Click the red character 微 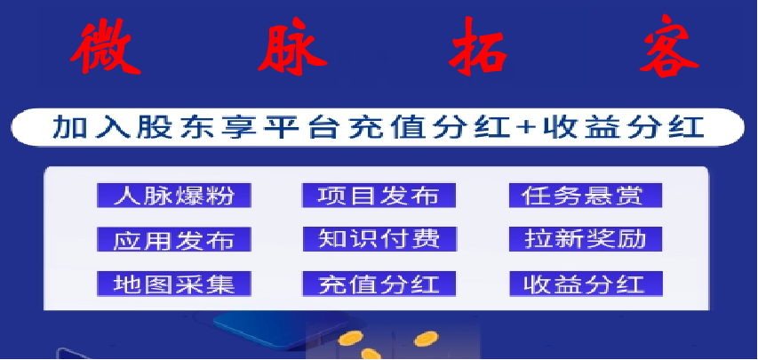tap(106, 46)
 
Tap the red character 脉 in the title tap(292, 46)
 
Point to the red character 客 tap(669, 46)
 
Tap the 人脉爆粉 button tap(174, 196)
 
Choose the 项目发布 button tap(379, 196)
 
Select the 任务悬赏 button tap(586, 196)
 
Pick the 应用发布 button tap(174, 239)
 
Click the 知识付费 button tap(379, 239)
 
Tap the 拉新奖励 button tap(586, 239)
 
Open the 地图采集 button tap(174, 284)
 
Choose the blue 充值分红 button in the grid tap(379, 284)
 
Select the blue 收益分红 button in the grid tap(586, 284)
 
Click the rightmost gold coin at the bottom tap(426, 339)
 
